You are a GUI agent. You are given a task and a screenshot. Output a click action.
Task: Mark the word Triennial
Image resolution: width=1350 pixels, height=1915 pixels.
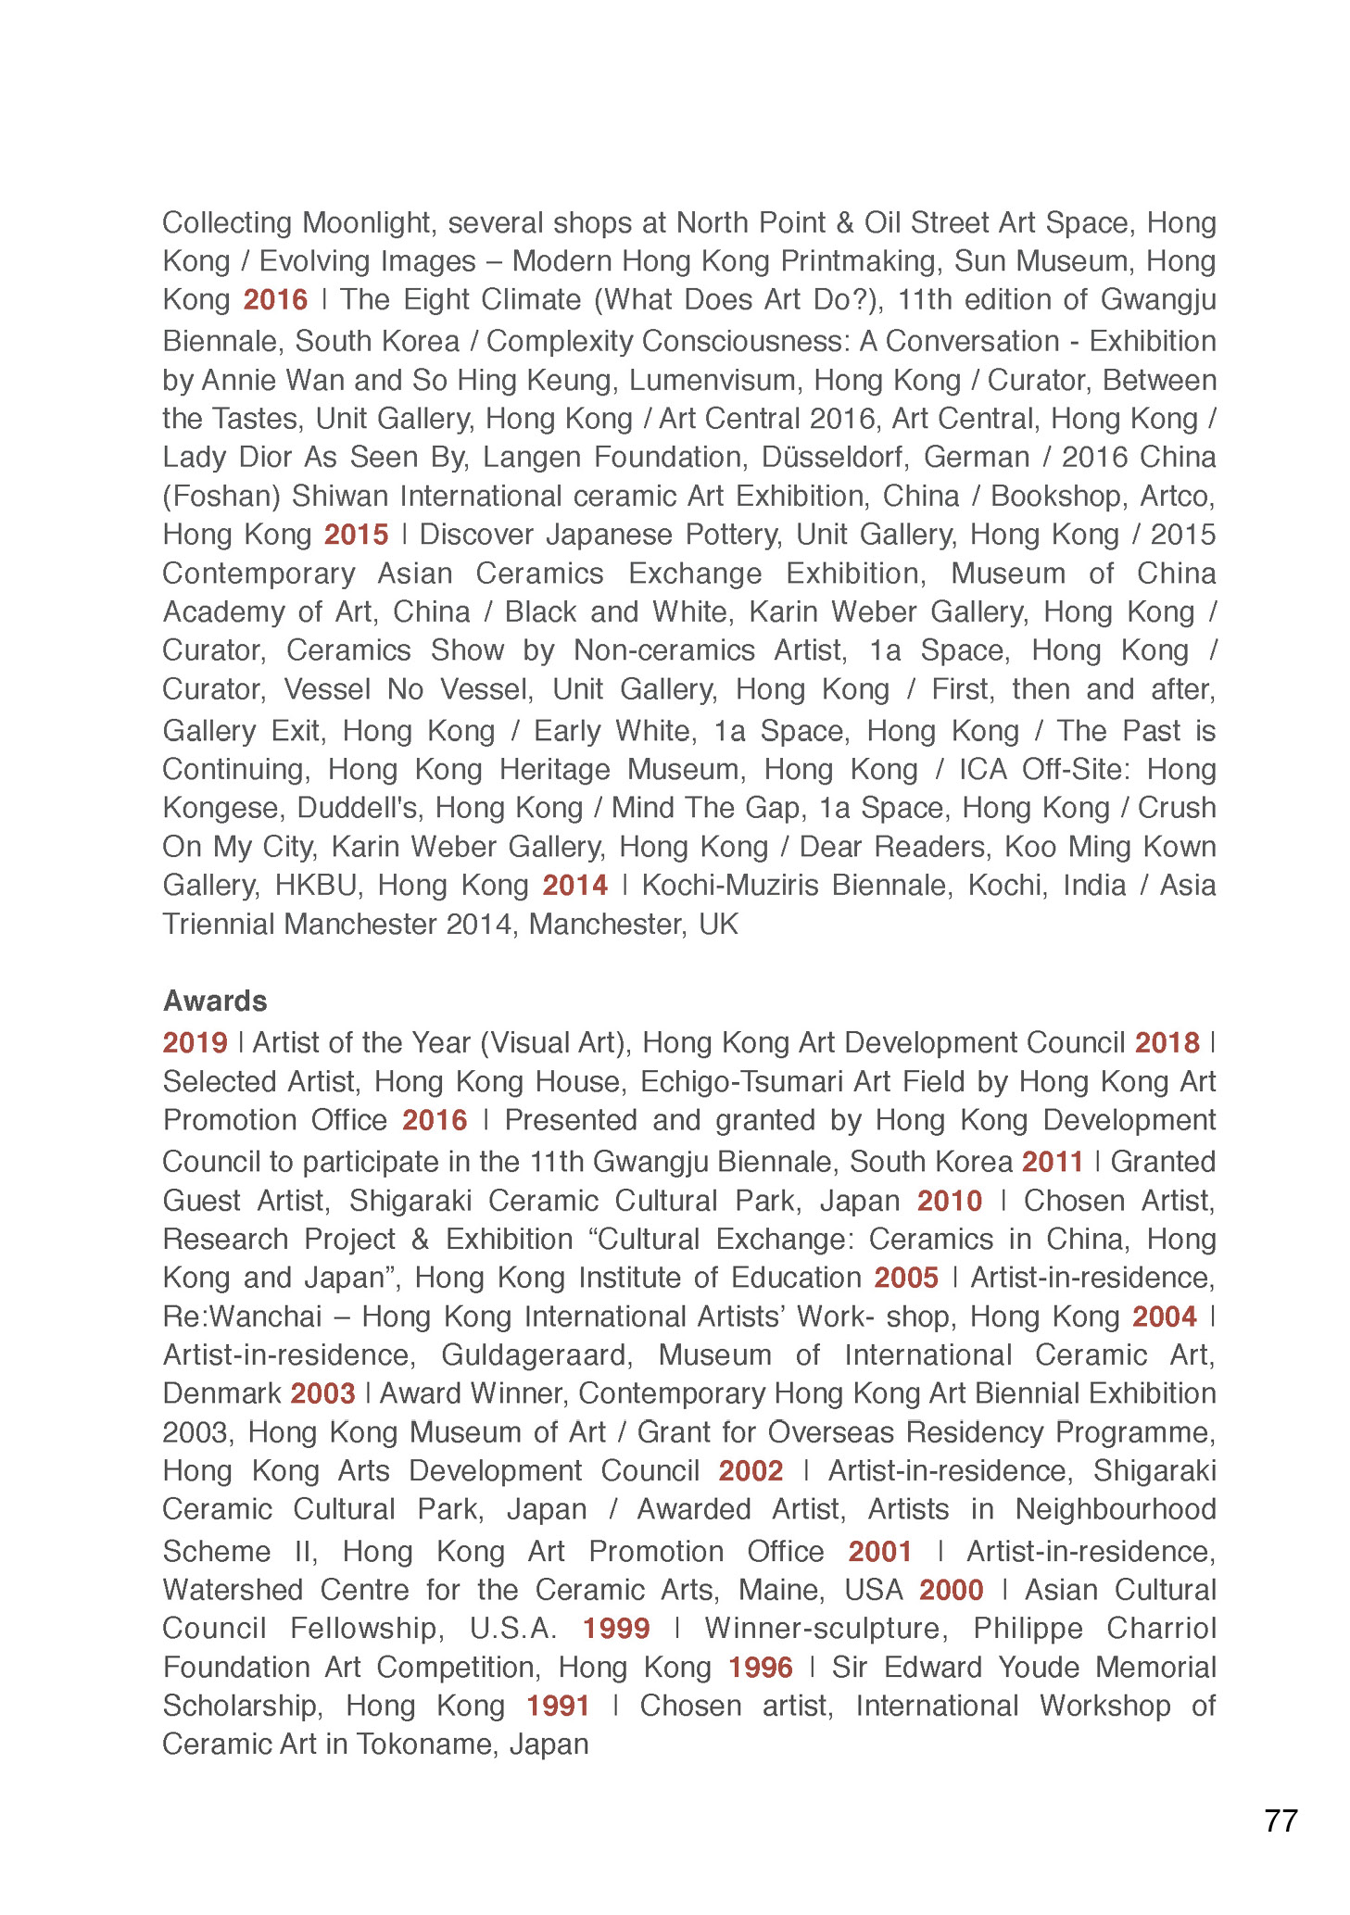click(219, 925)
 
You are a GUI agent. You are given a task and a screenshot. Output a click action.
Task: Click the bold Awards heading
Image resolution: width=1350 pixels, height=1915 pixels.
click(215, 1001)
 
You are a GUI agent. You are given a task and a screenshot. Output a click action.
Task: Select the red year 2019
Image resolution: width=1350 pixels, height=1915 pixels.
click(195, 1043)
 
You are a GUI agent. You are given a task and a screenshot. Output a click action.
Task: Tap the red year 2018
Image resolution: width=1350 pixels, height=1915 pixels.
click(1167, 1043)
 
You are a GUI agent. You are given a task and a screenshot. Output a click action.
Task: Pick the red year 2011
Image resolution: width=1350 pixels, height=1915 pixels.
click(1053, 1162)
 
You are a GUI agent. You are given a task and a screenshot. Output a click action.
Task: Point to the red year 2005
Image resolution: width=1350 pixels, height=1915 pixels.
click(906, 1279)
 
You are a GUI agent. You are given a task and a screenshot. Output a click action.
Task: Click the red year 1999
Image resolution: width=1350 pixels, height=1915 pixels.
click(616, 1629)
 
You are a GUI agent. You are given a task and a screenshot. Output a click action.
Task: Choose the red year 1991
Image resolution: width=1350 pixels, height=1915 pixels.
click(558, 1706)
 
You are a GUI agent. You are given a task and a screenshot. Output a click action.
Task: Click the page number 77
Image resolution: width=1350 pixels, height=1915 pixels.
click(1281, 1821)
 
